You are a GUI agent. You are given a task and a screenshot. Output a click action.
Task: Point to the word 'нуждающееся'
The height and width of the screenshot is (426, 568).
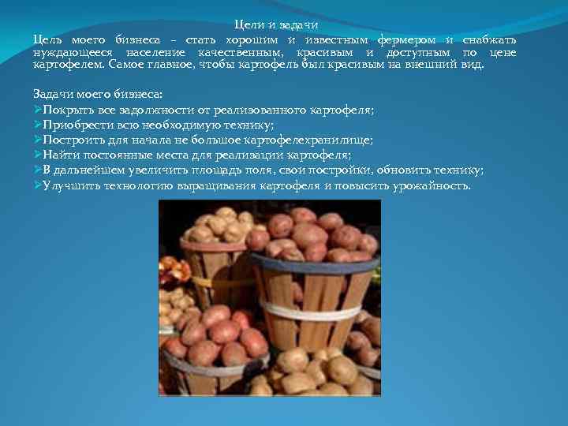[71, 52]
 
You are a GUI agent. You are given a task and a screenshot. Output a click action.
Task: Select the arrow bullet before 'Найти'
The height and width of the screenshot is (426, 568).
[38, 155]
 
